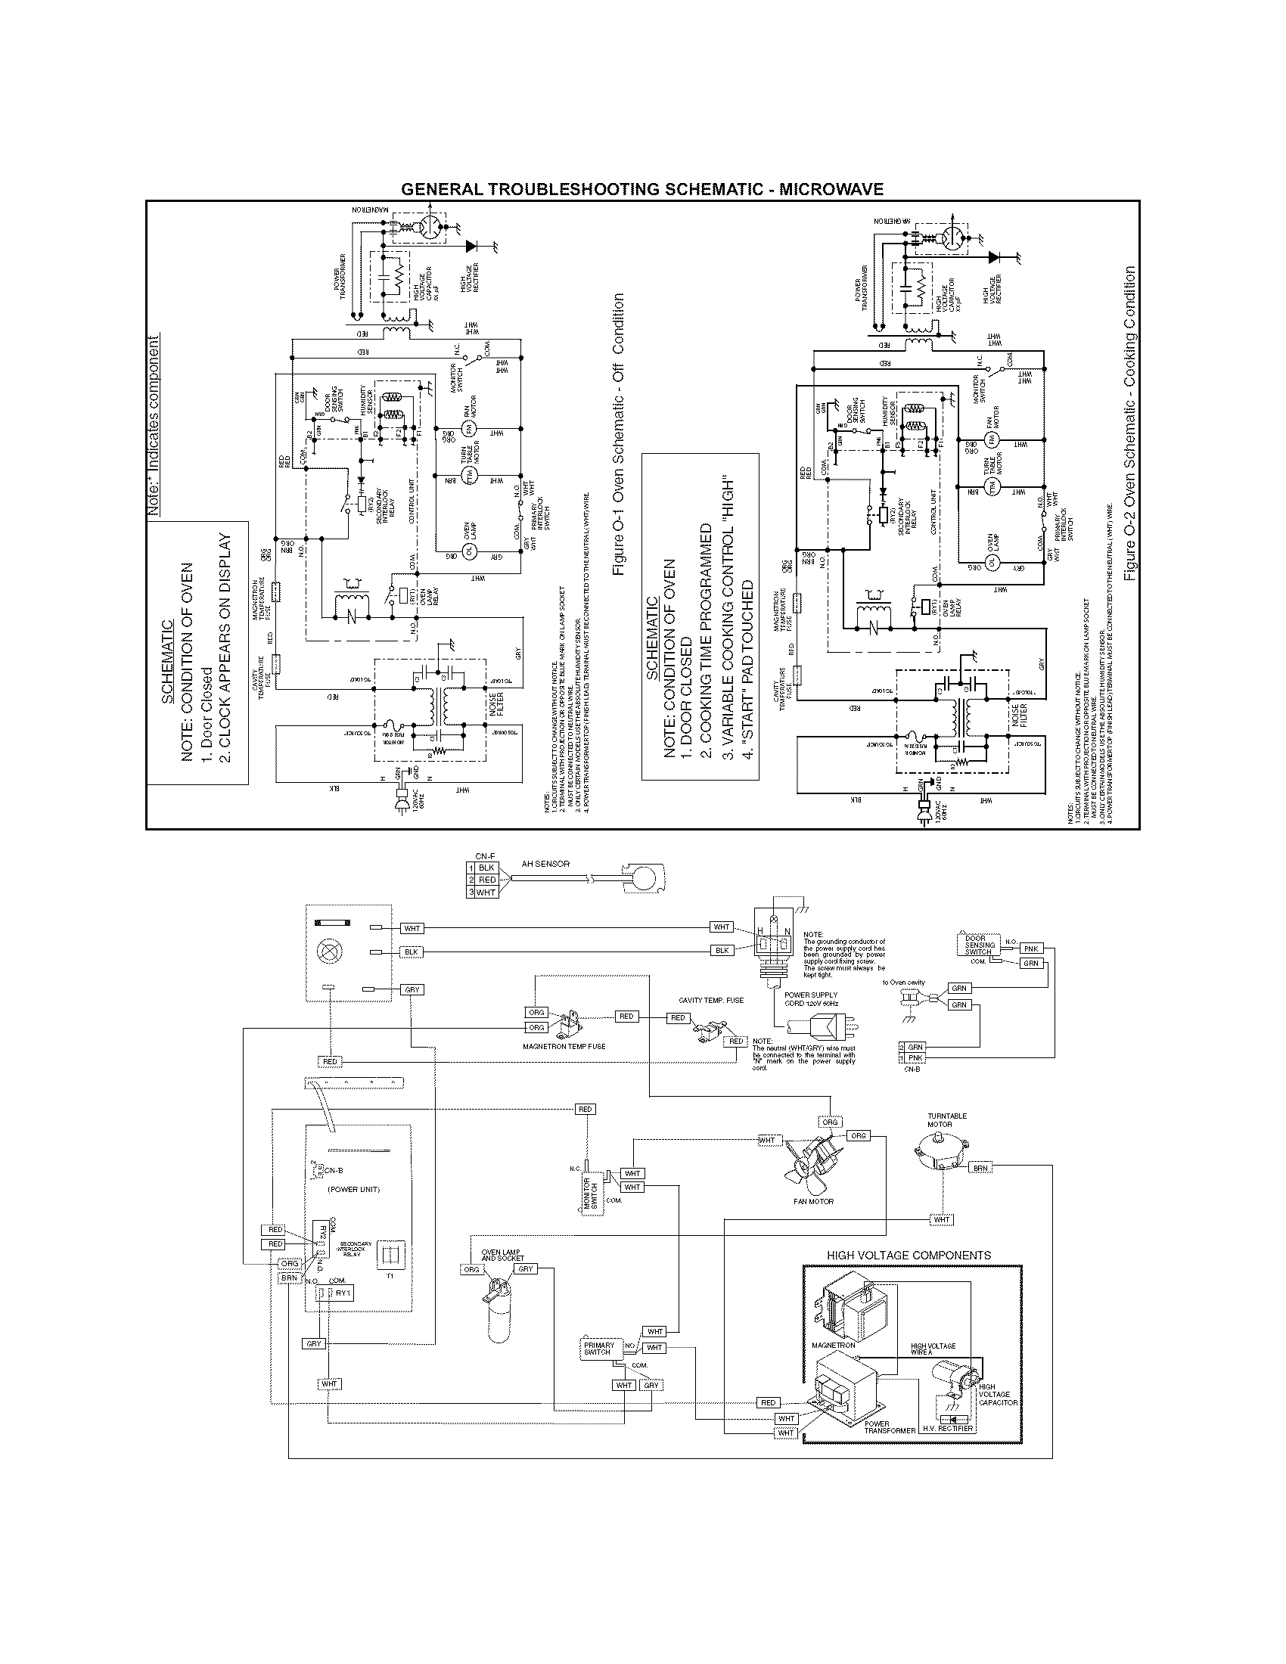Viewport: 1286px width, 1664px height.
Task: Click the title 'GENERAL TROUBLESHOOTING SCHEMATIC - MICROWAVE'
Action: coord(642,189)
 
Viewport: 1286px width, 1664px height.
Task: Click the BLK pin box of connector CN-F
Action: coord(487,868)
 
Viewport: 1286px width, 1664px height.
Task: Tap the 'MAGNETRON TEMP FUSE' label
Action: coord(564,1046)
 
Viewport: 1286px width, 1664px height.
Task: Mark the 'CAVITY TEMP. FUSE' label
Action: coord(711,1000)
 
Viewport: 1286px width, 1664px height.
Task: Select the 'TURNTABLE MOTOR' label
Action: coord(947,1120)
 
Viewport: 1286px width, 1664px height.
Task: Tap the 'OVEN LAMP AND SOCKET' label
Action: coord(502,1255)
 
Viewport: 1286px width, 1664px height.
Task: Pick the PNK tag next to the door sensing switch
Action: coord(1031,948)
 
